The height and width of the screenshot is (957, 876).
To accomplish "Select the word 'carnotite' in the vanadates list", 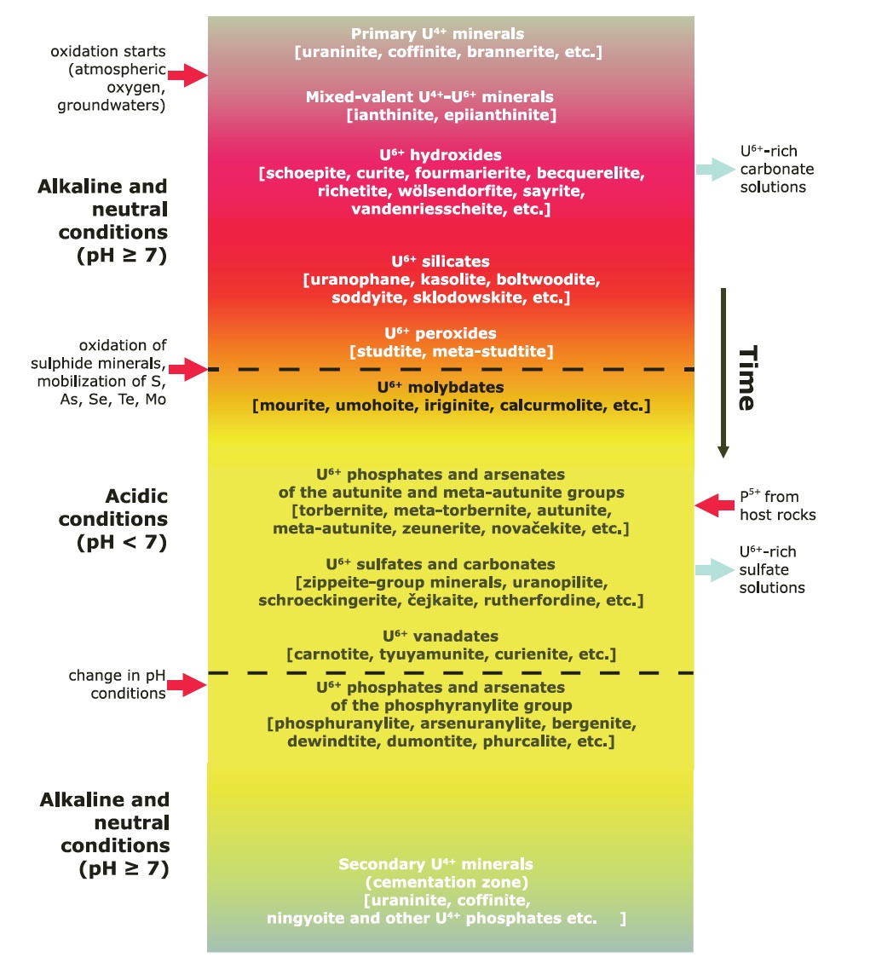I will click(x=326, y=654).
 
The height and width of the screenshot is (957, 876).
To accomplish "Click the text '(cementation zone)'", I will click(x=435, y=882).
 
